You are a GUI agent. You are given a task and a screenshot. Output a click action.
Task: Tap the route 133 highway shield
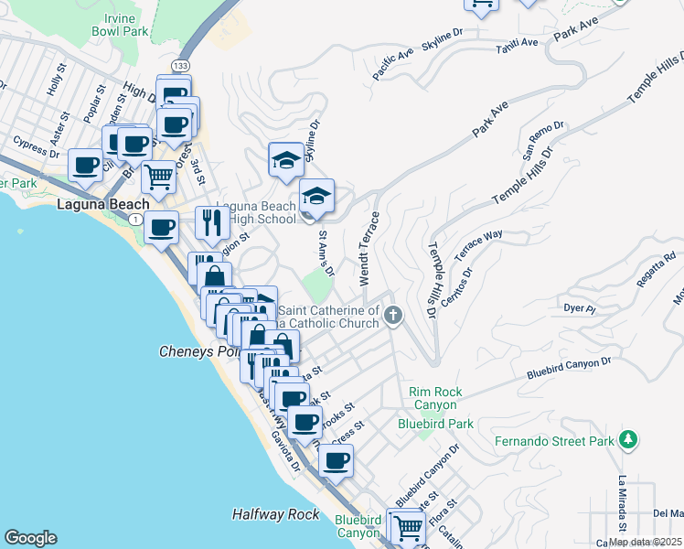[x=181, y=66]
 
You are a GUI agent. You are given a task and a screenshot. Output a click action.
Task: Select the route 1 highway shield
[x=135, y=220]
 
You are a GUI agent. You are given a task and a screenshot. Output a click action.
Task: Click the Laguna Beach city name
[x=96, y=203]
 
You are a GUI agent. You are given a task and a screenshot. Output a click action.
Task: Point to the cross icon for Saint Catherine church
[x=393, y=317]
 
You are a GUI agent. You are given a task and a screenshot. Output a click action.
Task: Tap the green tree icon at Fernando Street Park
[x=627, y=441]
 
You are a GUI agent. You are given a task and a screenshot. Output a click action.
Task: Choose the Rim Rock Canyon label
[x=436, y=398]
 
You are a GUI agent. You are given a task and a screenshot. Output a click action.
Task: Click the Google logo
[x=31, y=538]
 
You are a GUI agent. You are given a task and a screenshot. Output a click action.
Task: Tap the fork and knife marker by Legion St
[x=212, y=221]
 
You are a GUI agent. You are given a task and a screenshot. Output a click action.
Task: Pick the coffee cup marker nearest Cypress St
[x=87, y=165]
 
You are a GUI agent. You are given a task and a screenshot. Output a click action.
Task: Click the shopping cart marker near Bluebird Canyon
[x=408, y=526]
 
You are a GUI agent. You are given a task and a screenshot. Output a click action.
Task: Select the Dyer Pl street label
[x=579, y=308]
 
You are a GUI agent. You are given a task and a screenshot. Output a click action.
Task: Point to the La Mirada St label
[x=621, y=502]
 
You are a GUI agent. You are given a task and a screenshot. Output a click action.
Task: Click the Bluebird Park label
[x=435, y=424]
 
